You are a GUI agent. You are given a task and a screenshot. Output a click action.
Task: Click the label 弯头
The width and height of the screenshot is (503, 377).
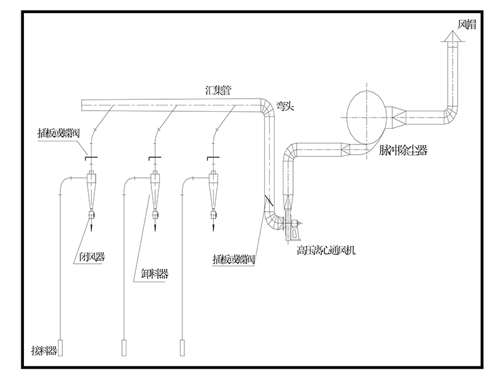click(285, 107)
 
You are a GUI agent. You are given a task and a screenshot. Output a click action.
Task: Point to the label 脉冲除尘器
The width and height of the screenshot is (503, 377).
click(403, 150)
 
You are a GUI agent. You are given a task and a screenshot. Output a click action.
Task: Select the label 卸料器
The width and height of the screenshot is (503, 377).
click(155, 273)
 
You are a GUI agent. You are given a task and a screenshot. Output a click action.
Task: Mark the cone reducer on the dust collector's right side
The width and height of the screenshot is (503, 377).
click(397, 114)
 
